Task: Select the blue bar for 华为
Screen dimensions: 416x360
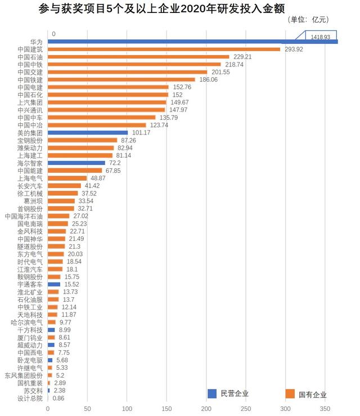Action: pos(191,42)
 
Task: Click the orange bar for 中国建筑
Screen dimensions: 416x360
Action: pos(164,49)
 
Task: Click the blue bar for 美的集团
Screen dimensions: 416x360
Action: pos(88,132)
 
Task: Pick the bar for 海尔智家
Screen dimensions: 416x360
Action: pos(76,163)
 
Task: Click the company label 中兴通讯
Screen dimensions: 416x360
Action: pos(30,110)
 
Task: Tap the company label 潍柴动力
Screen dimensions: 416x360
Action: pos(30,147)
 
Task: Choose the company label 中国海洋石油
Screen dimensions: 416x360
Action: pos(24,216)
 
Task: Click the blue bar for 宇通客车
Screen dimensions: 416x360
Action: pos(53,284)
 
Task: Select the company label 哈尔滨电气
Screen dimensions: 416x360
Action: pos(26,322)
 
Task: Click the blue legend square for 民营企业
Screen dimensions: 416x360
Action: pos(212,393)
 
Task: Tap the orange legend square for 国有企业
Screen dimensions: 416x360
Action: pos(290,393)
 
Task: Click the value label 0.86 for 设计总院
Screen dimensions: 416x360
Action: pos(59,398)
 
